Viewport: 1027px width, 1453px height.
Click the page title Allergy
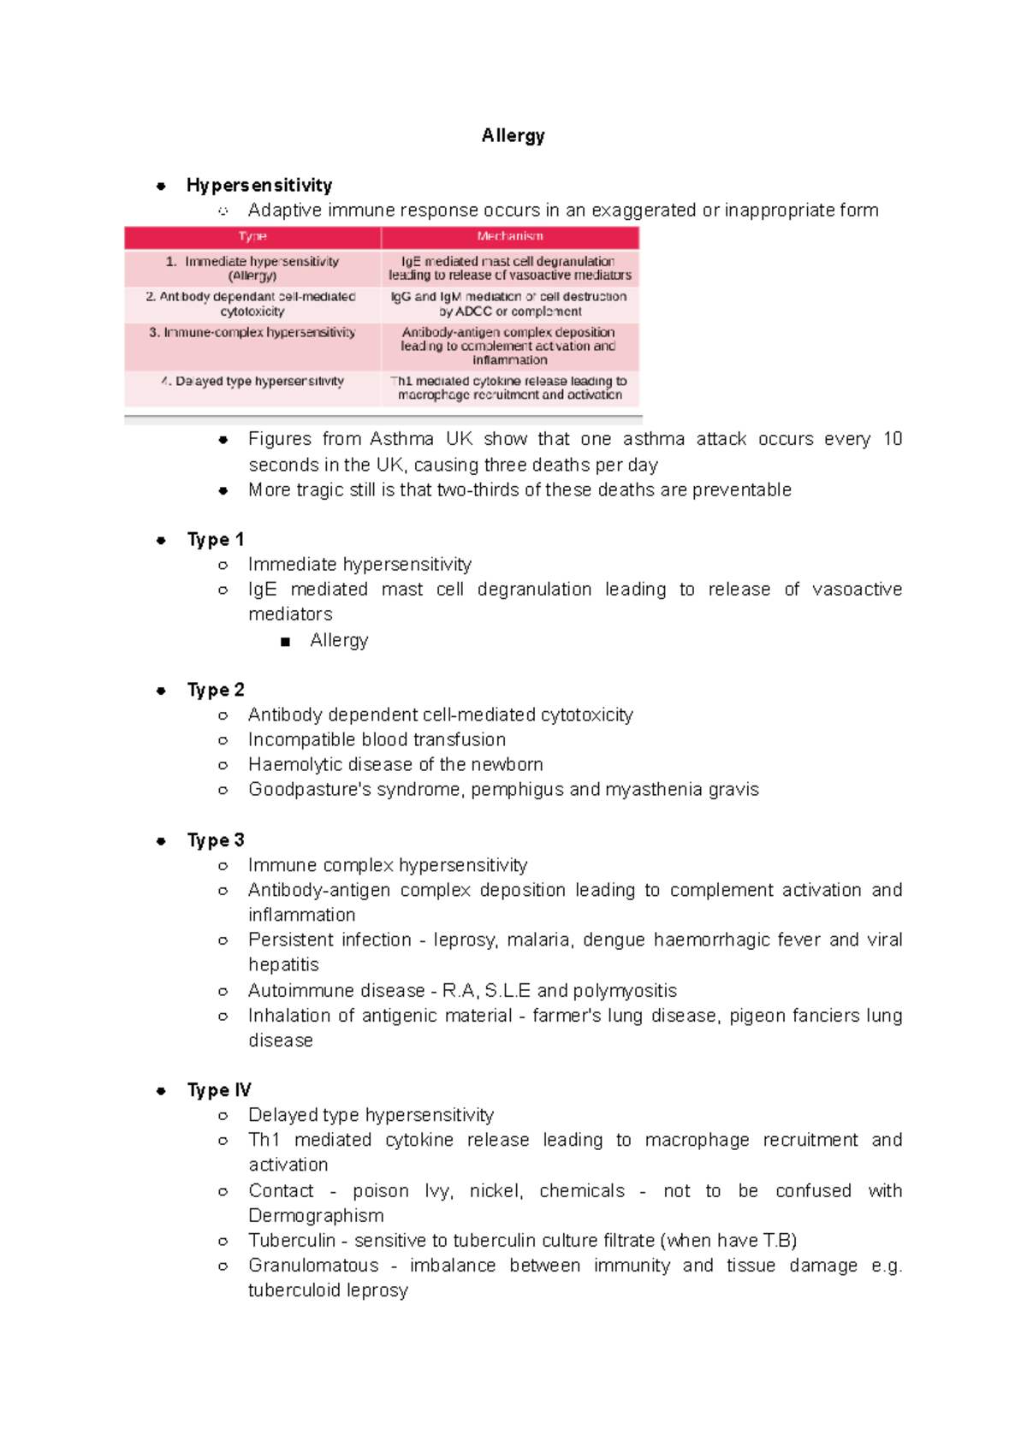click(x=513, y=135)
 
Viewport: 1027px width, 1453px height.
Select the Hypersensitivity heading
click(x=259, y=185)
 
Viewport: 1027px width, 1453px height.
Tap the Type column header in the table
click(x=252, y=236)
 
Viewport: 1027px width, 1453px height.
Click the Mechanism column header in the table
click(x=510, y=236)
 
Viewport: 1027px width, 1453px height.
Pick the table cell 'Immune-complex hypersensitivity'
click(x=252, y=332)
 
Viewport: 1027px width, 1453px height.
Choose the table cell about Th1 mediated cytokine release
click(x=510, y=388)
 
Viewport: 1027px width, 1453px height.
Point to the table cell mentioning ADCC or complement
click(x=510, y=304)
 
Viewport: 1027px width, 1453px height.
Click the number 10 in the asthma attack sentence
click(x=893, y=439)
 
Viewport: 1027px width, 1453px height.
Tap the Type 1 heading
click(x=216, y=539)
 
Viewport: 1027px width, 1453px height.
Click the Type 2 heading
click(x=216, y=690)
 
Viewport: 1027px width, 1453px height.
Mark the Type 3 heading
click(x=216, y=840)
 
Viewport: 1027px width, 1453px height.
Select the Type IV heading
click(x=219, y=1090)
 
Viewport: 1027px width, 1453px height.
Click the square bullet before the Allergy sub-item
click(x=285, y=641)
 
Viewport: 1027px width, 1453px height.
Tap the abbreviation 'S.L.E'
click(x=508, y=991)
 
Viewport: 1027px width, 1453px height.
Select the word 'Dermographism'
click(x=316, y=1215)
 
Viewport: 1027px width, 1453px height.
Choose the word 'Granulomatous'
click(x=313, y=1265)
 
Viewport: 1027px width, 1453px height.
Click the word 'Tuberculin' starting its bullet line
click(x=291, y=1240)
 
